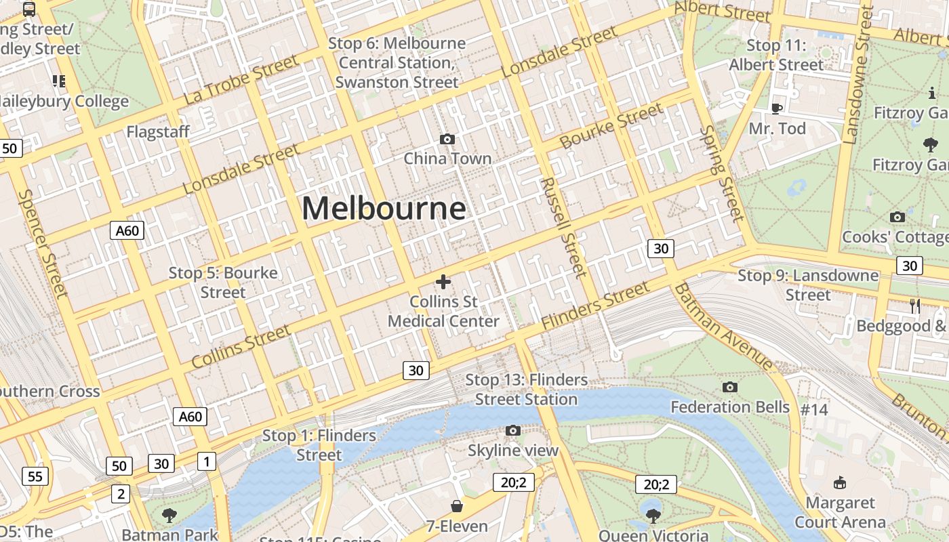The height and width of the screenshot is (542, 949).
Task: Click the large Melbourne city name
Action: click(384, 208)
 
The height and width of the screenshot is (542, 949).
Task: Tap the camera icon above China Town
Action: click(447, 139)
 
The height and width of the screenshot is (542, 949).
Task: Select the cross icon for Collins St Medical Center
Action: click(443, 282)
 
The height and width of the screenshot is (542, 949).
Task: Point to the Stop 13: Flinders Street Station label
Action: click(526, 390)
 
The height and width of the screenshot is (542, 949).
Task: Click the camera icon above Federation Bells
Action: click(729, 387)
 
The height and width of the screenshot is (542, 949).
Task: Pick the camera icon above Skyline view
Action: click(513, 430)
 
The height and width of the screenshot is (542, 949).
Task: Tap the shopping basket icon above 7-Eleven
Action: click(457, 506)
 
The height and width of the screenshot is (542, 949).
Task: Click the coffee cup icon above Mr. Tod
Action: click(777, 108)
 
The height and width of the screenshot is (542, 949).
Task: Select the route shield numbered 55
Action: click(35, 476)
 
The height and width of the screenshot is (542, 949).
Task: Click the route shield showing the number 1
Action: click(206, 462)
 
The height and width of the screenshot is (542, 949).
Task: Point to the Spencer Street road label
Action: click(43, 243)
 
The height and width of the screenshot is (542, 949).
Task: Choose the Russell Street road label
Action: click(563, 228)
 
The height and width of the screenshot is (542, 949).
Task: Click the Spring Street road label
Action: click(722, 173)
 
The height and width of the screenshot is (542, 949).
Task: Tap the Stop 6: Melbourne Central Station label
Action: click(397, 62)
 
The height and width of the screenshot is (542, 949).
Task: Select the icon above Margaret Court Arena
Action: click(840, 482)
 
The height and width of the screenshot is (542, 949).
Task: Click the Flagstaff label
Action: click(158, 131)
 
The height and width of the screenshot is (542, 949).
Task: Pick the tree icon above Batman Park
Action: click(169, 516)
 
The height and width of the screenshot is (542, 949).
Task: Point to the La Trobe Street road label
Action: click(241, 80)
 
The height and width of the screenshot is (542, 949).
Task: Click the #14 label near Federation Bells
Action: click(814, 409)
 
